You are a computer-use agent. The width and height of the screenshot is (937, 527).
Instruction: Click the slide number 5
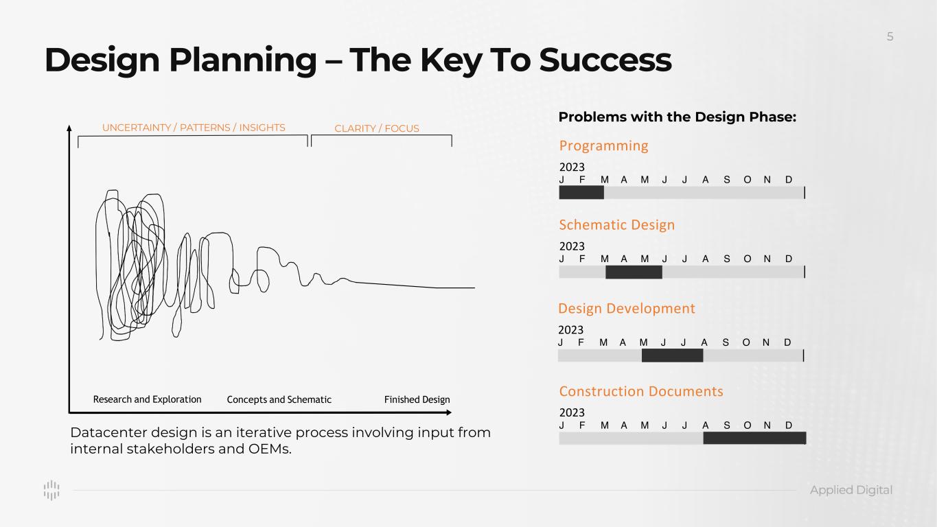tap(890, 37)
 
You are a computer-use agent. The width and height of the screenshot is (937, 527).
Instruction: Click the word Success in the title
tap(605, 60)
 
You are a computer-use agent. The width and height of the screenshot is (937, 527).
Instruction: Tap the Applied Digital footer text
tap(851, 490)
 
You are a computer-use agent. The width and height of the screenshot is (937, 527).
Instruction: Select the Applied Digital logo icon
tap(51, 490)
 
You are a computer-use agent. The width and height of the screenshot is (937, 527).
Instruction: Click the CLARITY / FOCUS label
tap(376, 128)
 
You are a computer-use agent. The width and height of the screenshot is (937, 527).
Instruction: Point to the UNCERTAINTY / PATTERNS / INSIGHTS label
tap(194, 128)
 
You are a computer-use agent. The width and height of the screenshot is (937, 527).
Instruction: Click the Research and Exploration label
tap(147, 399)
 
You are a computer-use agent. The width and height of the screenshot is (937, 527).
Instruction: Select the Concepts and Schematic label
tap(279, 399)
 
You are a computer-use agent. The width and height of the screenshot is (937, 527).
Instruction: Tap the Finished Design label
tap(417, 399)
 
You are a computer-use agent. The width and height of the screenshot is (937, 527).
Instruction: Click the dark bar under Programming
tap(581, 192)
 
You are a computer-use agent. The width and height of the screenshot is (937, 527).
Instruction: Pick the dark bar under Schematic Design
tap(634, 272)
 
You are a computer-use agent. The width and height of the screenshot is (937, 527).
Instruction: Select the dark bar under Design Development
tap(672, 355)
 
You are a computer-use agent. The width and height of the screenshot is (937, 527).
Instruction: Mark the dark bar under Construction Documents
tap(754, 438)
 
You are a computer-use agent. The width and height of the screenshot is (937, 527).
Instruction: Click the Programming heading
tap(603, 145)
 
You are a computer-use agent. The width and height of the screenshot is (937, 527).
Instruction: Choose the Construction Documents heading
tap(641, 391)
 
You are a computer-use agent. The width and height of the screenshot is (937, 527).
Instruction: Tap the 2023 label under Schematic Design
tap(572, 246)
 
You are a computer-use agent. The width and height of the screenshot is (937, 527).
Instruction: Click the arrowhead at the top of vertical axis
tap(69, 128)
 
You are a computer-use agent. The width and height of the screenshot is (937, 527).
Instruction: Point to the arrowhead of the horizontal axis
tap(449, 412)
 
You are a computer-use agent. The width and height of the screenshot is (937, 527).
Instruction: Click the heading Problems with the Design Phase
tap(678, 117)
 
